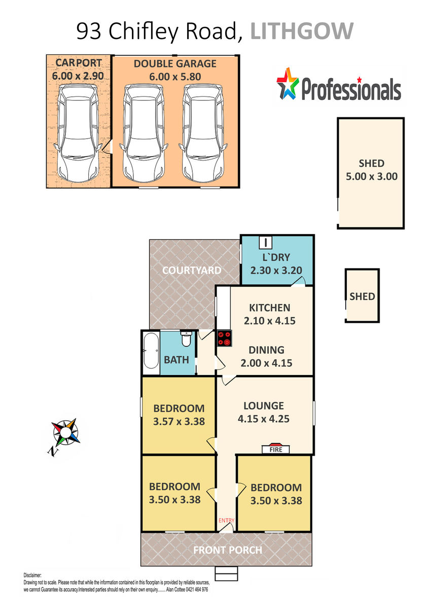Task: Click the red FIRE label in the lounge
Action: [x=275, y=450]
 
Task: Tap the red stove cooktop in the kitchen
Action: [x=224, y=338]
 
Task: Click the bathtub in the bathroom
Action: [x=151, y=351]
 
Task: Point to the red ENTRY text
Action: [x=226, y=520]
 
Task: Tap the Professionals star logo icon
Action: [x=288, y=83]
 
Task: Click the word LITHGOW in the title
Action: [x=302, y=31]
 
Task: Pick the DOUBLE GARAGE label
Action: [x=175, y=63]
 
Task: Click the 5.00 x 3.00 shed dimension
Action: [x=371, y=177]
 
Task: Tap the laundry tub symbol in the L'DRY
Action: [x=265, y=242]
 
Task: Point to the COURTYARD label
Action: [x=192, y=270]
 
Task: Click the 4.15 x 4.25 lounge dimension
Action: [x=264, y=419]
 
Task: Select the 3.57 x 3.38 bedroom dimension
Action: [x=178, y=421]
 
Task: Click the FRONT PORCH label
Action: [x=228, y=550]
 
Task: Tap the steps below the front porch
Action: [x=227, y=573]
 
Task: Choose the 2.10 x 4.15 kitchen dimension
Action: [x=269, y=321]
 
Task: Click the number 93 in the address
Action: [x=89, y=31]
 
